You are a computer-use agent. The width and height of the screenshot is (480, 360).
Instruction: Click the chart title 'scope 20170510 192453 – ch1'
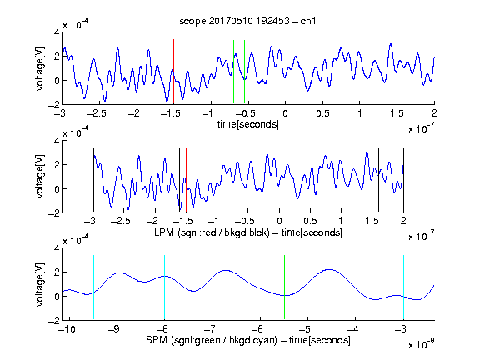coord(247,21)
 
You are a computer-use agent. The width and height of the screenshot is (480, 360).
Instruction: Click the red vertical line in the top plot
coord(173,72)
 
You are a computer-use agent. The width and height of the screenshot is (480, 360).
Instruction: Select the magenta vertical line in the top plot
coord(397,72)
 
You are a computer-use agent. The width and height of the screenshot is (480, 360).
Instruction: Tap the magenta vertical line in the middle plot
coord(372,180)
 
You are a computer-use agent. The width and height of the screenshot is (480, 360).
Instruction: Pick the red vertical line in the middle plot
coord(186,180)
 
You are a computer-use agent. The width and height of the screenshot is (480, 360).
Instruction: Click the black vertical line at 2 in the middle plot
coord(403,180)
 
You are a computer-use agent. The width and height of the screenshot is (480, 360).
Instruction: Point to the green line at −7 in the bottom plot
coord(212,287)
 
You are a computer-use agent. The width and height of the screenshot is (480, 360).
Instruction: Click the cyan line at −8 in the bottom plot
coord(164,287)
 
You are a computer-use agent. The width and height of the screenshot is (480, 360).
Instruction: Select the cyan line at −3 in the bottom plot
coord(403,287)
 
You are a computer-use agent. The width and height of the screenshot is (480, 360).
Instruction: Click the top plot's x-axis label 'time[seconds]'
coord(248,124)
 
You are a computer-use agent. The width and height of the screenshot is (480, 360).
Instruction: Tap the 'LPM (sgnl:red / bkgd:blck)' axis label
coord(212,232)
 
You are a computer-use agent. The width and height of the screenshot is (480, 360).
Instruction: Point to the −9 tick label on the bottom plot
coord(114,329)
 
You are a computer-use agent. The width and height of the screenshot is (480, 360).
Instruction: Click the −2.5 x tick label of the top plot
coord(96,113)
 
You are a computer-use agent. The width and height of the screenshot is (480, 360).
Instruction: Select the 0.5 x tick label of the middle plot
coord(310,221)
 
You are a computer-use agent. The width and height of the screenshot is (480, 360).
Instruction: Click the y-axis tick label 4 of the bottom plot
coord(57,248)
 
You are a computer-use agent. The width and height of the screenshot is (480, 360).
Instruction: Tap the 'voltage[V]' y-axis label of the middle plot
coord(40,176)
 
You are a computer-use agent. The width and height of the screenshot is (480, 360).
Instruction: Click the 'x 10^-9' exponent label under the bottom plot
coord(421,344)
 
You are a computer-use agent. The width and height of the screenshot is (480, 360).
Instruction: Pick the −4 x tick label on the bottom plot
coord(353,329)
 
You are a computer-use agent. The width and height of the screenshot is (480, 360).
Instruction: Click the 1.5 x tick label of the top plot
coord(397,113)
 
